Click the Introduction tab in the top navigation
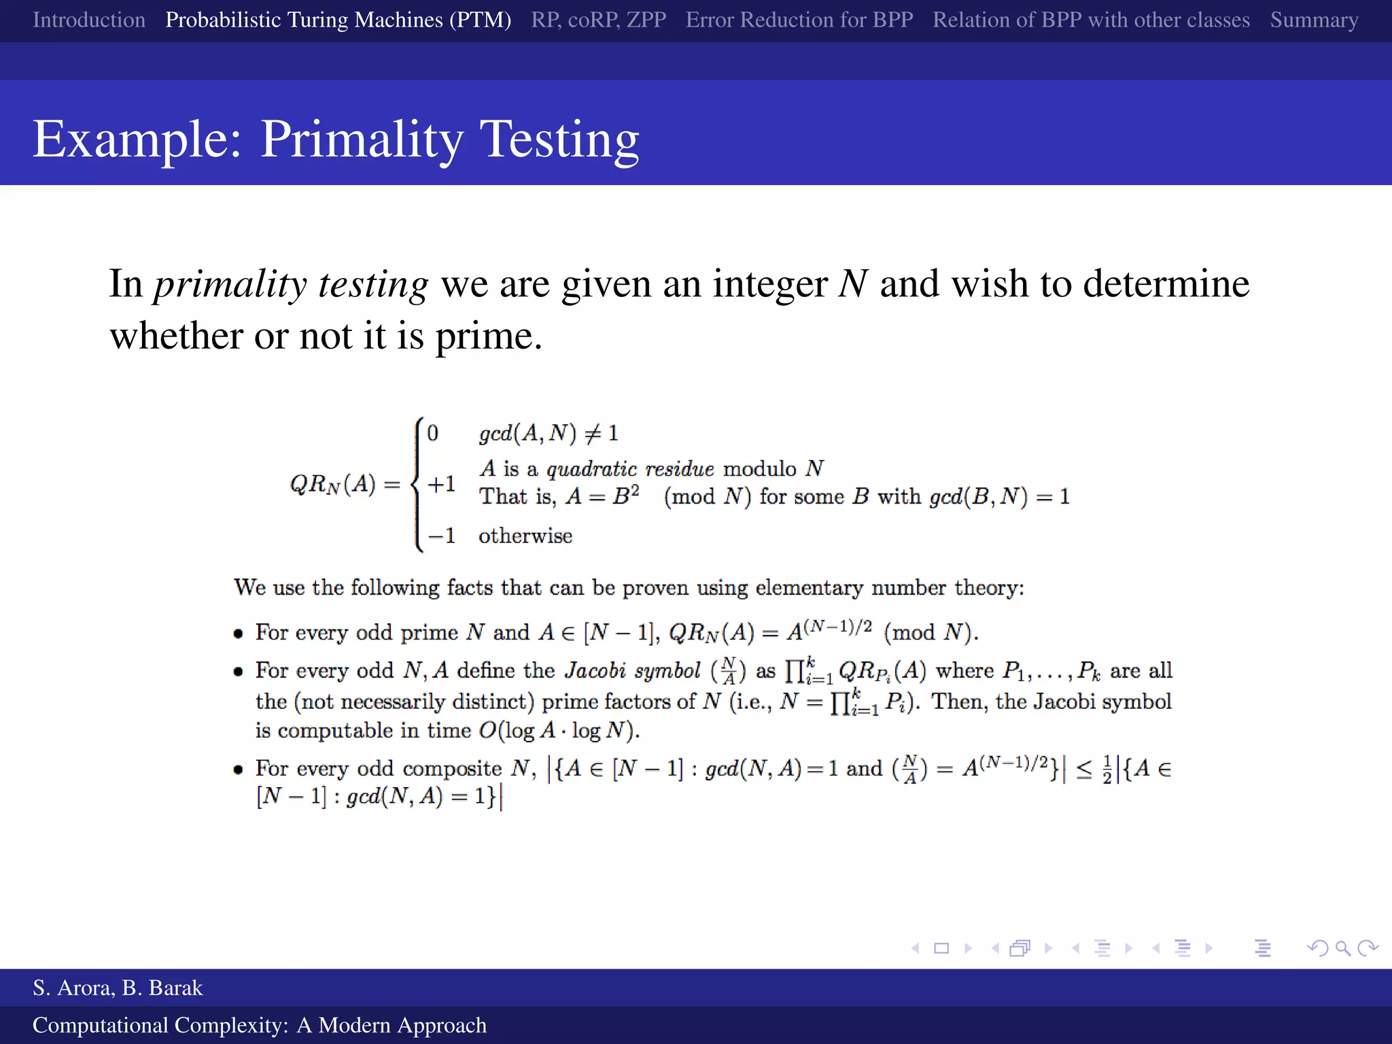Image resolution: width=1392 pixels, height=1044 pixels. (x=89, y=20)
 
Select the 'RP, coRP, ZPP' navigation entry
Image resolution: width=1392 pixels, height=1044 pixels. (x=598, y=20)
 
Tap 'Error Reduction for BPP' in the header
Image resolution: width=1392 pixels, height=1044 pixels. (x=799, y=20)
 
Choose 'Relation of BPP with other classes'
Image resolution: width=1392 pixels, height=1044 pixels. (x=1091, y=20)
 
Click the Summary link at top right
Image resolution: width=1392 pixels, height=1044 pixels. (x=1314, y=20)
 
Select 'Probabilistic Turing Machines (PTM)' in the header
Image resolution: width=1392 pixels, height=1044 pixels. (x=338, y=20)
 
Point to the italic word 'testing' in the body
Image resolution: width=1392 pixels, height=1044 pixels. (x=373, y=284)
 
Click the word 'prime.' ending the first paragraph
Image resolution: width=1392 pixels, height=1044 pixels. (x=489, y=336)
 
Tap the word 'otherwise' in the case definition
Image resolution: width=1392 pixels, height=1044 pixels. (x=525, y=536)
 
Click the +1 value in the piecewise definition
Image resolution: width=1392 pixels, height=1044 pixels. (x=441, y=485)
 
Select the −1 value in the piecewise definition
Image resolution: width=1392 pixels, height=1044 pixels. (x=441, y=536)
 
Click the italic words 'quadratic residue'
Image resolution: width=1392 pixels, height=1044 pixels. (x=630, y=469)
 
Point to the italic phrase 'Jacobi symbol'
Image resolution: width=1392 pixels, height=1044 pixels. (x=632, y=671)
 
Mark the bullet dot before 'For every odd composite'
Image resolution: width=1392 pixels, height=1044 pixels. (x=238, y=770)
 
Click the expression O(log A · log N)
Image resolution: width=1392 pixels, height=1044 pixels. (x=559, y=731)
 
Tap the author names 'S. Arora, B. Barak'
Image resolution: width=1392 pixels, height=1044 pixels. (x=118, y=988)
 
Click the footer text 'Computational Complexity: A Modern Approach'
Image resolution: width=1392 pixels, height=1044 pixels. (x=260, y=1025)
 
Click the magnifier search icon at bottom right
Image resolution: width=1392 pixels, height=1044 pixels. (x=1342, y=948)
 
